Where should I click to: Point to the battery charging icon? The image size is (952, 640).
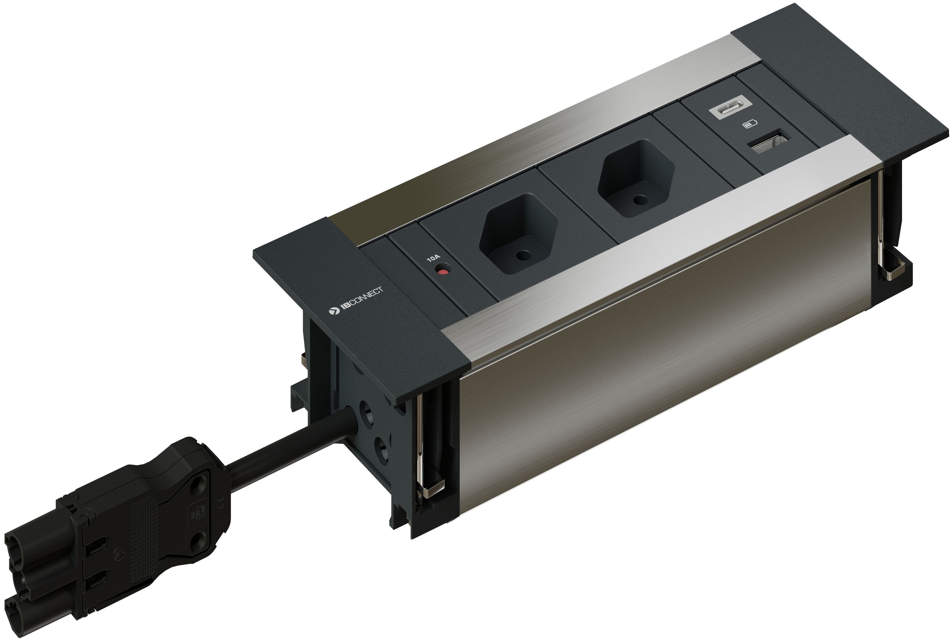[750, 124]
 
